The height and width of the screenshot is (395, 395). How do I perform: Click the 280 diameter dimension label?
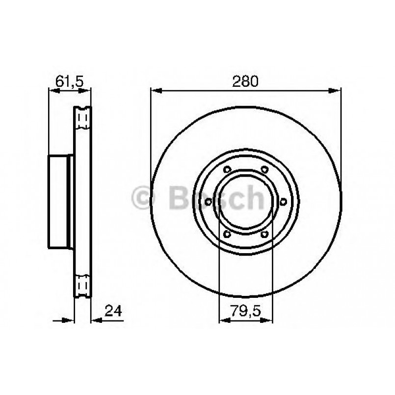click(x=245, y=81)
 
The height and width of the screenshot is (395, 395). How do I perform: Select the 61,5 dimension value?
click(x=68, y=81)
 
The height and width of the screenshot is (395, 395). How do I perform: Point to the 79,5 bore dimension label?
click(x=245, y=310)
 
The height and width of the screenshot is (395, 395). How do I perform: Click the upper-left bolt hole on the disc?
click(x=226, y=170)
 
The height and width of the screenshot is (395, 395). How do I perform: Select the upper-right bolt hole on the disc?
click(x=264, y=170)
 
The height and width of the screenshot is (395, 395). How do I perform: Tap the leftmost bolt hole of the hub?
click(x=208, y=202)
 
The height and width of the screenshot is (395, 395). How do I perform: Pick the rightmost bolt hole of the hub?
click(x=283, y=202)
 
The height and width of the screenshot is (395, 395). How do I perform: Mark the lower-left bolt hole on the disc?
click(x=226, y=235)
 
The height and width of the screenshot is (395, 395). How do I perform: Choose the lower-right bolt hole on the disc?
click(x=264, y=235)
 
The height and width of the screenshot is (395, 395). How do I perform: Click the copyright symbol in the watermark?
click(x=144, y=198)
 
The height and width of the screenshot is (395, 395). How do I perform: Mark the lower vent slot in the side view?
click(x=82, y=285)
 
